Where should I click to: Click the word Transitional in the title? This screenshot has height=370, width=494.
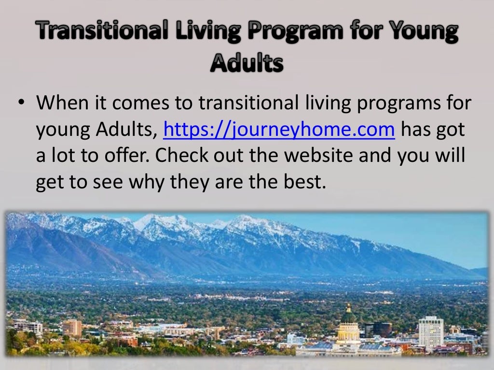pos(90,32)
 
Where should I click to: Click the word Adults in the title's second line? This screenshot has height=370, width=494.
pos(247,63)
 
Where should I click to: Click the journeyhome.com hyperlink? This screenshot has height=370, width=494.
pos(279,130)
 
